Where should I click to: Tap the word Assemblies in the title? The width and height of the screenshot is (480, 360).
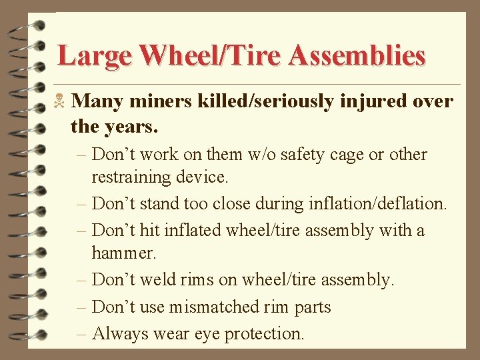(x=358, y=55)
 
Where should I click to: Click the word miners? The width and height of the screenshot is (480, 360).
(x=161, y=101)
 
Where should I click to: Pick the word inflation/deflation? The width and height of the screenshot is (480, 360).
(x=378, y=203)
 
